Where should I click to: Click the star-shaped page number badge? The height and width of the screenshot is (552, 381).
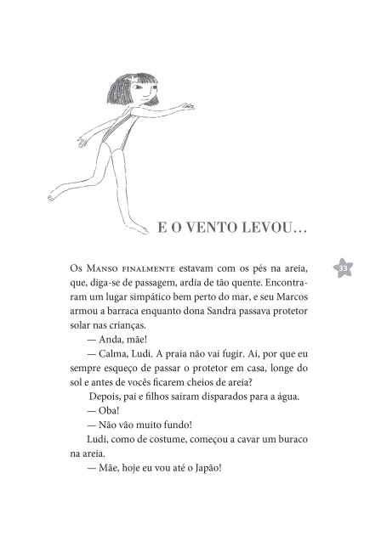344,268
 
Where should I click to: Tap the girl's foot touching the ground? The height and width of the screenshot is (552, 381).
138,227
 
